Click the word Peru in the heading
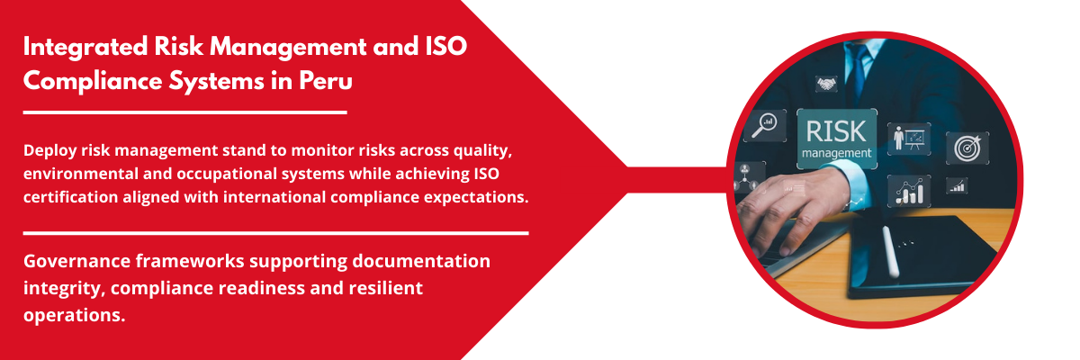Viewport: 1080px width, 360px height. coord(326,80)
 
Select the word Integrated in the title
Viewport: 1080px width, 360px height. coord(85,48)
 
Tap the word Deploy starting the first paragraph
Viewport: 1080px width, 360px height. coord(49,151)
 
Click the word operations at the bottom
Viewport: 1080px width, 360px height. coord(74,315)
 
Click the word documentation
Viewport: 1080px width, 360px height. coord(421,261)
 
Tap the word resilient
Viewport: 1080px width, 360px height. coord(385,288)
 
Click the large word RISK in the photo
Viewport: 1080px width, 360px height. coord(835,131)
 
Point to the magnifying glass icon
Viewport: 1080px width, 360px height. coord(764,125)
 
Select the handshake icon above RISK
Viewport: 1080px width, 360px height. coord(826,84)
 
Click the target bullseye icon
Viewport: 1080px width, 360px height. coord(967,148)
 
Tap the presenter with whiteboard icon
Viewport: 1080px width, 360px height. coord(909,139)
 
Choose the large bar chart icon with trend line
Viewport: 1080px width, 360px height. coord(909,192)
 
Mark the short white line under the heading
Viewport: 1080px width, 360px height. coord(185,112)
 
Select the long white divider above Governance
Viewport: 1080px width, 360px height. coord(275,233)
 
